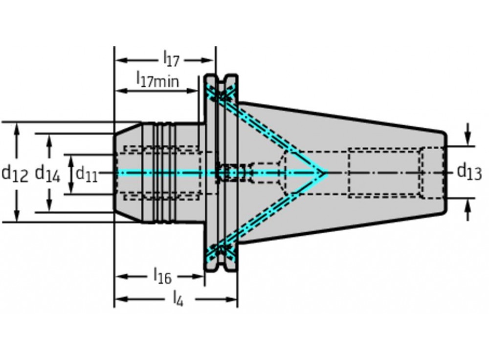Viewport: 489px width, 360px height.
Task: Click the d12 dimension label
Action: (x=15, y=173)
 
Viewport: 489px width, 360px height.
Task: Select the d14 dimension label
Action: (x=47, y=173)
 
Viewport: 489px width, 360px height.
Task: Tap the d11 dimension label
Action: (x=87, y=173)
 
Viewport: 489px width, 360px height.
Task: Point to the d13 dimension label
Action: (x=469, y=172)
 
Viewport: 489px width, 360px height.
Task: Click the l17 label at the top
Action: (x=171, y=60)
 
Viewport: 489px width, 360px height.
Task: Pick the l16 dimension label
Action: (x=162, y=277)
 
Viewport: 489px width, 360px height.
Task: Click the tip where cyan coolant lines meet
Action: (x=325, y=173)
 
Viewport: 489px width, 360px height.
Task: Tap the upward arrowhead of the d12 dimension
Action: (x=18, y=128)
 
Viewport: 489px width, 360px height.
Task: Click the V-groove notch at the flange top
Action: (x=221, y=78)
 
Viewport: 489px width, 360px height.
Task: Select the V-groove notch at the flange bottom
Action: (x=221, y=267)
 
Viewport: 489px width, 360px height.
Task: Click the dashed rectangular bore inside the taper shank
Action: (x=384, y=173)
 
